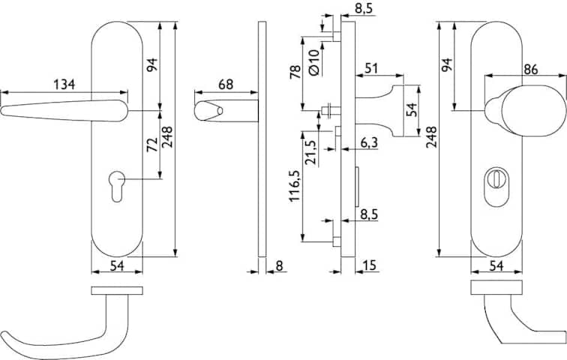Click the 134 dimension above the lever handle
[x=64, y=84]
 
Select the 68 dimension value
[x=226, y=84]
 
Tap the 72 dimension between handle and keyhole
[x=152, y=145]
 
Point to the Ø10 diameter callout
[x=314, y=62]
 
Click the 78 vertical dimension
[x=295, y=72]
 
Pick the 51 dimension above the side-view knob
[x=371, y=68]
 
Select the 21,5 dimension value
[x=312, y=152]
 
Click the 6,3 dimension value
[x=369, y=142]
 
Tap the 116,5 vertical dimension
[x=295, y=186]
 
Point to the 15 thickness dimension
[x=369, y=265]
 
